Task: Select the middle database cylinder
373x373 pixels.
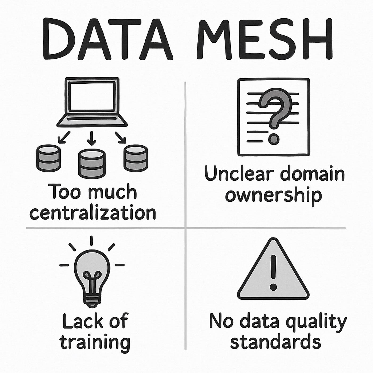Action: pos(91,163)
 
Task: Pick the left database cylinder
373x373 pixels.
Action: pos(48,158)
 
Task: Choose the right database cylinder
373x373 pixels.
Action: pos(136,158)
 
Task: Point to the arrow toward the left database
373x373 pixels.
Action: pos(64,137)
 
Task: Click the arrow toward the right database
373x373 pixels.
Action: pos(120,137)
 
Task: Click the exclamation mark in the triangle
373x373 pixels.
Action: pos(273,272)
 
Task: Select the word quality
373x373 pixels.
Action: pos(316,322)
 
